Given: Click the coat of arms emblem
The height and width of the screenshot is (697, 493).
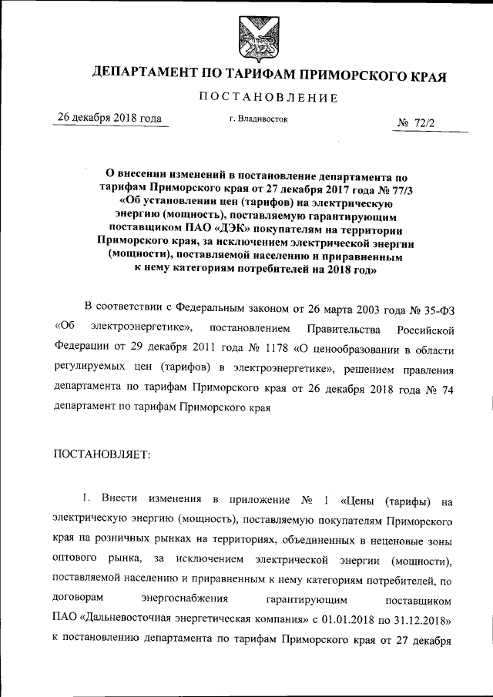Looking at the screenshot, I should tap(253, 38).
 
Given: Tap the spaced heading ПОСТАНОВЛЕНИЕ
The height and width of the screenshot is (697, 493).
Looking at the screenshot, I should tap(269, 98).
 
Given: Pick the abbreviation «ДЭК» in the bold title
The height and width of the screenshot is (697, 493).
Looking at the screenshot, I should tap(226, 229).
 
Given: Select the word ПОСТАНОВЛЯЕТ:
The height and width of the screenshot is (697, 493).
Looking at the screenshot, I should tap(102, 454).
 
